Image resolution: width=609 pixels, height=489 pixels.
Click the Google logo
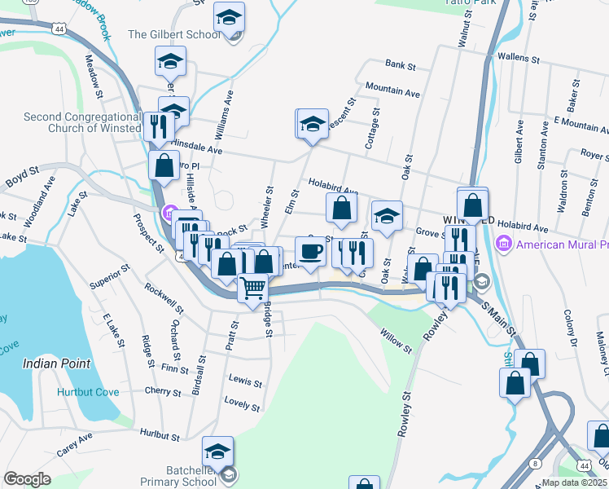(x=27, y=479)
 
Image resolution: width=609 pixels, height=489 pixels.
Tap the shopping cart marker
(x=253, y=287)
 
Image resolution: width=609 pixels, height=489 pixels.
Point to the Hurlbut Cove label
(x=88, y=392)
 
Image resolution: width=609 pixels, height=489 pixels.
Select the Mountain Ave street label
(x=392, y=90)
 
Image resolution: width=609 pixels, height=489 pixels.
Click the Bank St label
(x=400, y=64)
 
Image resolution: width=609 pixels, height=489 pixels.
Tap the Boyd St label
(x=23, y=174)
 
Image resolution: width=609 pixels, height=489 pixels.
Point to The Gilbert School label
(x=174, y=35)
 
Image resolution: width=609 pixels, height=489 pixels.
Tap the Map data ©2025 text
(x=575, y=482)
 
